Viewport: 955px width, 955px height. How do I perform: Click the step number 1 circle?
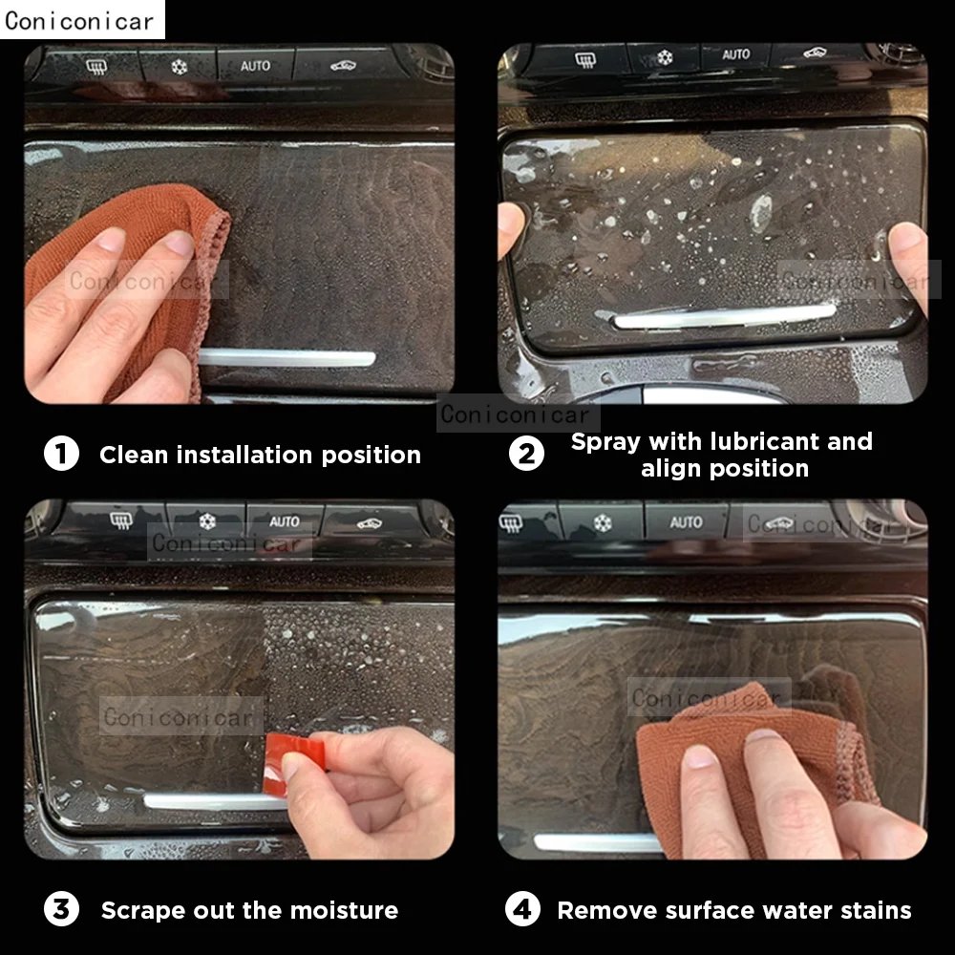[61, 454]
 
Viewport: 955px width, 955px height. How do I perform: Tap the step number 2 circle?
[526, 454]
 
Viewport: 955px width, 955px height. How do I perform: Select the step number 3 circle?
[61, 909]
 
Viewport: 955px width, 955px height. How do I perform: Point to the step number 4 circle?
[522, 909]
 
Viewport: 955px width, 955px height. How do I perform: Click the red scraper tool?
[287, 762]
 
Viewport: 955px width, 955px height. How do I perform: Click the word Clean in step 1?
[134, 455]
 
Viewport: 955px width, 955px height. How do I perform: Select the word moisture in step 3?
[344, 910]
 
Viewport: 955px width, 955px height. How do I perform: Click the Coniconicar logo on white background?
[79, 21]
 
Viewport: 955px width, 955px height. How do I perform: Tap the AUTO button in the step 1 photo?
[255, 65]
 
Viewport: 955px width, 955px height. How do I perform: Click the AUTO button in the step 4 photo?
[686, 522]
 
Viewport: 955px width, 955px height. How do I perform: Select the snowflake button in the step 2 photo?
[665, 58]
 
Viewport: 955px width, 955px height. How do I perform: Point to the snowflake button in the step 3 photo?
[207, 521]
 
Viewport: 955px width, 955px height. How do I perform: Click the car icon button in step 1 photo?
[344, 65]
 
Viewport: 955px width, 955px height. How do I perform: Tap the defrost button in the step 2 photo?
[584, 59]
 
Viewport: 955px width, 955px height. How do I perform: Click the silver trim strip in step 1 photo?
[286, 358]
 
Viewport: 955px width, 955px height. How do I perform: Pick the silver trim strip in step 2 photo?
[725, 316]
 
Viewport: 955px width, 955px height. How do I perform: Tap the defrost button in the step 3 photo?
[120, 520]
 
